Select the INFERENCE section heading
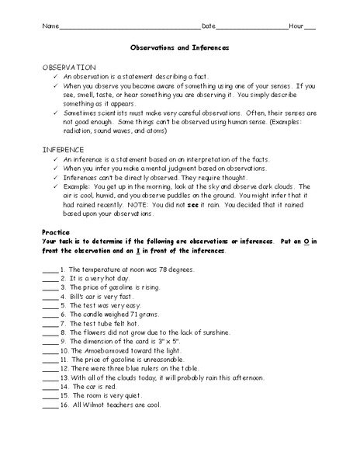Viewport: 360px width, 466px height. (x=64, y=147)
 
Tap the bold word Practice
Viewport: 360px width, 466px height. (x=55, y=231)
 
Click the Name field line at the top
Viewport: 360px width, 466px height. (x=129, y=27)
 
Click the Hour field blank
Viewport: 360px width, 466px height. (x=310, y=27)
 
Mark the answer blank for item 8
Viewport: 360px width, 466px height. (x=48, y=329)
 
